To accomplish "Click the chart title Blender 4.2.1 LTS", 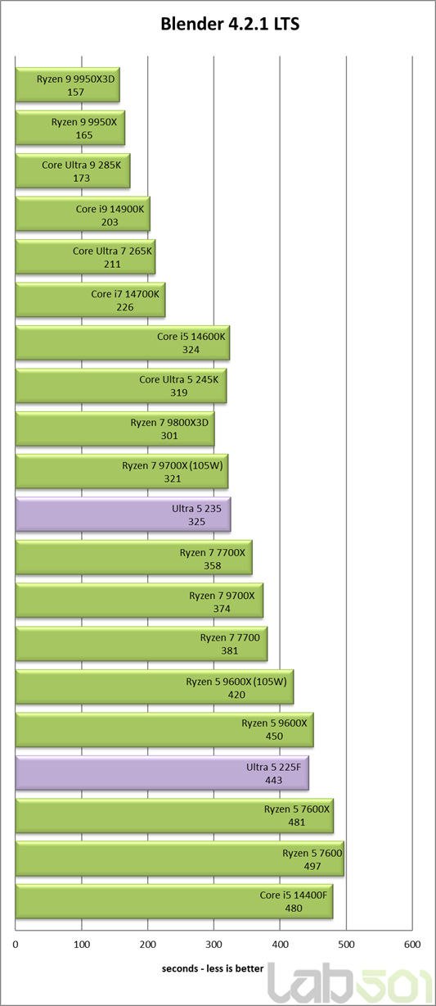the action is [x=230, y=24].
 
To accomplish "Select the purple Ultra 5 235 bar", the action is [x=124, y=514].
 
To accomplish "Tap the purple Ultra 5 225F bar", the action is [x=163, y=773].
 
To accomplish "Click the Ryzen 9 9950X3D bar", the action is [x=68, y=85].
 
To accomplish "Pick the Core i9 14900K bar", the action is [x=83, y=214].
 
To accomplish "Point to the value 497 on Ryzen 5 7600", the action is [x=312, y=867].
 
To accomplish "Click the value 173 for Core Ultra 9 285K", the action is [x=81, y=179].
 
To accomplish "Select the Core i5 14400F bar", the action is [x=174, y=901].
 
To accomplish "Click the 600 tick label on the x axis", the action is [x=412, y=945].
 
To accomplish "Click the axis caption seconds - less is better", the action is [x=213, y=968].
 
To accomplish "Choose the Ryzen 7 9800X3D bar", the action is [x=115, y=429].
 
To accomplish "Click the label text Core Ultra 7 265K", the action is [x=112, y=251].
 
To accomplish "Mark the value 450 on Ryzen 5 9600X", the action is [x=274, y=736].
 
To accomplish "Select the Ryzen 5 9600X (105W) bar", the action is [x=155, y=687].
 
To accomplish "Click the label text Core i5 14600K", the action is [x=191, y=337].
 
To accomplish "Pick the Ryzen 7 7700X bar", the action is [x=134, y=557].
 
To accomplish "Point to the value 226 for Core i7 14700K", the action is [x=124, y=307].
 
